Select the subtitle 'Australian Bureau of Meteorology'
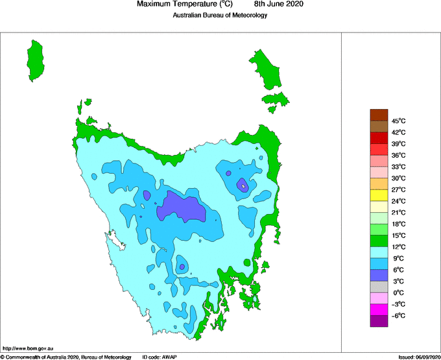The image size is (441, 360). [220, 15]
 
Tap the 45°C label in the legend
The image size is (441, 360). [399, 121]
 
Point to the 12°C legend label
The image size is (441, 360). [399, 246]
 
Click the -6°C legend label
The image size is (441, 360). [399, 315]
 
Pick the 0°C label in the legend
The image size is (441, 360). [399, 293]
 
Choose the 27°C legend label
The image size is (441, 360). [399, 189]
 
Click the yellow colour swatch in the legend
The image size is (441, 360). [379, 195]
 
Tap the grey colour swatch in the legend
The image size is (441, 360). [379, 287]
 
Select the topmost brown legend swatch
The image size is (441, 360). [379, 115]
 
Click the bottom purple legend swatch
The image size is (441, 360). [379, 320]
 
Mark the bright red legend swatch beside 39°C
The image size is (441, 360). [379, 138]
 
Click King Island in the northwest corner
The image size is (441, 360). [37, 60]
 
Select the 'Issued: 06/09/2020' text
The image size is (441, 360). [419, 357]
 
